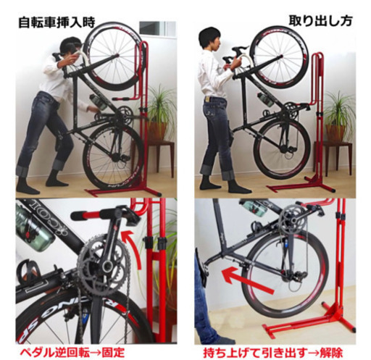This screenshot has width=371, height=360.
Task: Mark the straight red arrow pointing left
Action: [241, 276]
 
